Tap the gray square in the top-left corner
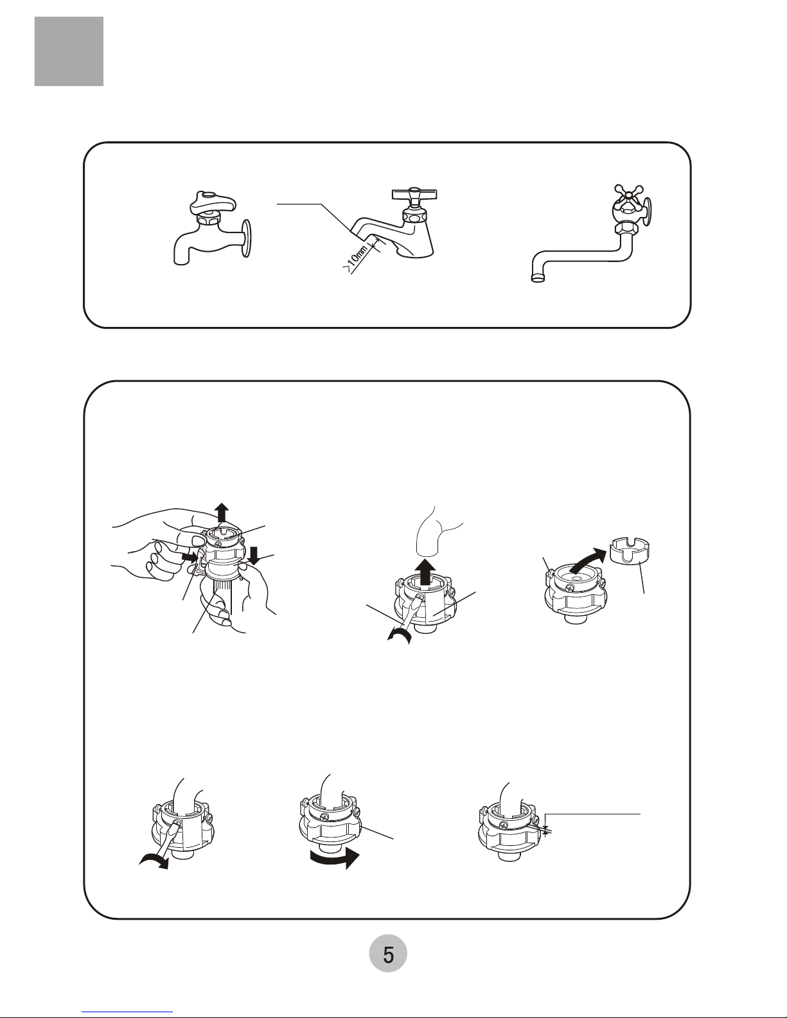pyautogui.click(x=69, y=51)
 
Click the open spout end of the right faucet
pyautogui.click(x=539, y=279)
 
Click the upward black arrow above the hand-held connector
pyautogui.click(x=222, y=513)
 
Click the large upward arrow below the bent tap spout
pyautogui.click(x=425, y=572)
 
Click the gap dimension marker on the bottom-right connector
pyautogui.click(x=546, y=830)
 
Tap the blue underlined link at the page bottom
pyautogui.click(x=127, y=1012)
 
